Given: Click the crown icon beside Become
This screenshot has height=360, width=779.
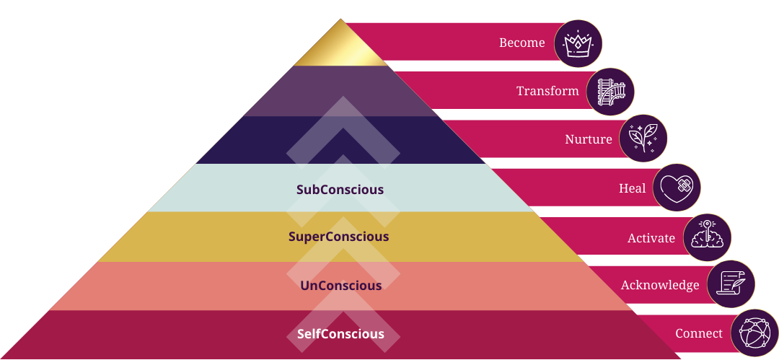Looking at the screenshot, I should (x=578, y=43).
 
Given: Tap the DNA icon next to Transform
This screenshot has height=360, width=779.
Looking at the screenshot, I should (x=610, y=92).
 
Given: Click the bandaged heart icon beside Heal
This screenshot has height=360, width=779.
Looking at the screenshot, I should (x=677, y=188).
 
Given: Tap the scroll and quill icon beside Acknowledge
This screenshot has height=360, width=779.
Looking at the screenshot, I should (x=731, y=284).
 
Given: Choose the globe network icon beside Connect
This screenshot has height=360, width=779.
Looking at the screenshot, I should (x=754, y=333).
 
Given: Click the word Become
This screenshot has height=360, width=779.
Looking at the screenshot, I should (x=521, y=43).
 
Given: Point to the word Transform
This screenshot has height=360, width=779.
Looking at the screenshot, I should (x=547, y=92).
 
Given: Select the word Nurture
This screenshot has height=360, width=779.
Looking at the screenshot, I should (x=589, y=140).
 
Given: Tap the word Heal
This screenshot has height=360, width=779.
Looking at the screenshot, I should (x=633, y=189).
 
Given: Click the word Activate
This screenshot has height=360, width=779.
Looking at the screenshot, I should (x=651, y=238).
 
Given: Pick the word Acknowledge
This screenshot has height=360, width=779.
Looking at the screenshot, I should (x=660, y=286).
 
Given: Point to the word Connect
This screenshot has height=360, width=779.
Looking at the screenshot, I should (x=699, y=334).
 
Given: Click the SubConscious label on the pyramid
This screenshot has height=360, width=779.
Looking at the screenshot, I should (x=340, y=190).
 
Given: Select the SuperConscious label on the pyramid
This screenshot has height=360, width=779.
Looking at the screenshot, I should (x=338, y=237).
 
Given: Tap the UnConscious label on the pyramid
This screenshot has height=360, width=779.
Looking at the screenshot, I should (x=340, y=286).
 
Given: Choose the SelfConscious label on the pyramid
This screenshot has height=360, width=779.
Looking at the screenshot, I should (x=340, y=335).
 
